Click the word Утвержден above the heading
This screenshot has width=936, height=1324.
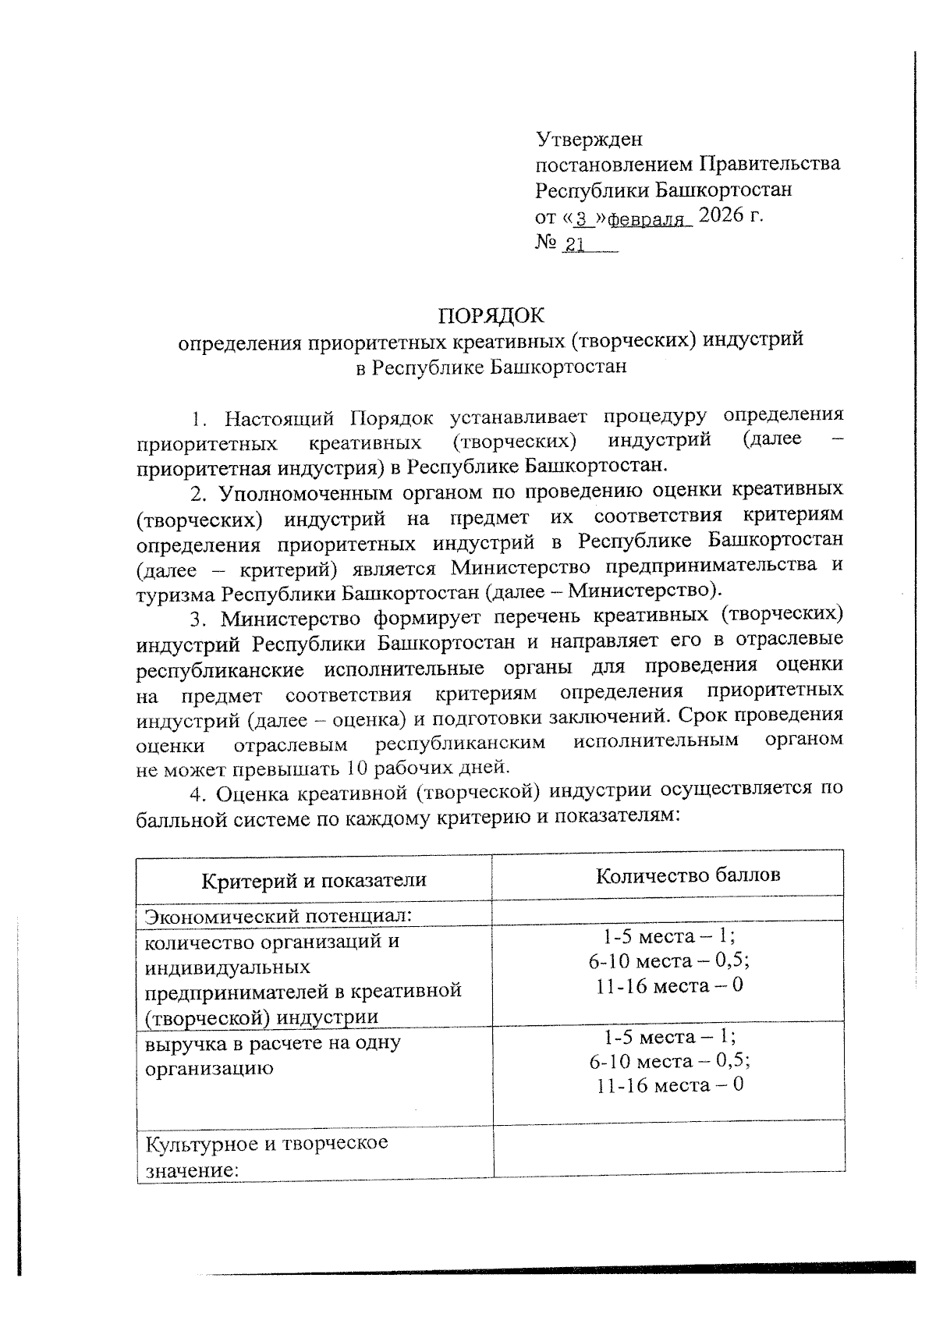coord(589,140)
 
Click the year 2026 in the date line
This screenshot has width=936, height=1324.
coord(723,215)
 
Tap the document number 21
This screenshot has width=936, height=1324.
coord(575,245)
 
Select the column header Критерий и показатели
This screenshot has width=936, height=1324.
coord(314,880)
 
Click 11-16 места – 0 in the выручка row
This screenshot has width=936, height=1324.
coord(669,1084)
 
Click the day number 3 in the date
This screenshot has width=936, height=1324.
coord(580,219)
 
